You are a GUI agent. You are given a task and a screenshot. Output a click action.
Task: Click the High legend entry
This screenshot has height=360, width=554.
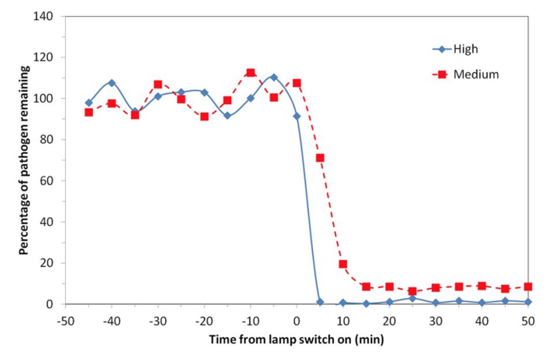click(466, 49)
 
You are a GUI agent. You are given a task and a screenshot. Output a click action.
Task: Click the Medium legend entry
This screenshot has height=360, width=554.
click(474, 74)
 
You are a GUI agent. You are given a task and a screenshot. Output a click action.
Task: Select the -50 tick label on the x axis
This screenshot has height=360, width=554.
click(65, 321)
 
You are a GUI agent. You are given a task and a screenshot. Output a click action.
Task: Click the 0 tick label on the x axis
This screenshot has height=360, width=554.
click(296, 321)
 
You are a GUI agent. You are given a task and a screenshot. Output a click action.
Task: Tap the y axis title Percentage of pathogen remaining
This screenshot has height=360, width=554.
click(24, 160)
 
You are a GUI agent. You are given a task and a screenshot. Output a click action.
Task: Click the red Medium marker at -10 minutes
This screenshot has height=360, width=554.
click(250, 73)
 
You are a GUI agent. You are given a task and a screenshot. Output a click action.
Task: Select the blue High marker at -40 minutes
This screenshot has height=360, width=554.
click(111, 83)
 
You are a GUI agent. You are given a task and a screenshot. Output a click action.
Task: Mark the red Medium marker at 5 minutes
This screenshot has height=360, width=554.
click(320, 158)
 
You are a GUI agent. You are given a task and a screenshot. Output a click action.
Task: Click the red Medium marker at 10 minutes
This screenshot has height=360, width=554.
click(343, 264)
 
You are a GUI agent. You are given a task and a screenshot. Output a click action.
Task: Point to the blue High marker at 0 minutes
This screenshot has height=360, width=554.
click(297, 116)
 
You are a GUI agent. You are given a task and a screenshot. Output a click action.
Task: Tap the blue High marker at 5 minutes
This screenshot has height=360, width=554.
click(320, 302)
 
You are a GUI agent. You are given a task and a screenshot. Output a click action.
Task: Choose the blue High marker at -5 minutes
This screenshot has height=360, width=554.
click(274, 77)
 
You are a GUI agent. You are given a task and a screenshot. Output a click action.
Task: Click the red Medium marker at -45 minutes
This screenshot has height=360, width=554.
click(89, 112)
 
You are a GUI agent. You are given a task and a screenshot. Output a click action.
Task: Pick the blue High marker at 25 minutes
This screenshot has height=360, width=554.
click(412, 298)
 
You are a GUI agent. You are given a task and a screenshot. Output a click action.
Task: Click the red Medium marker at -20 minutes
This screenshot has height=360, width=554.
click(204, 117)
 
